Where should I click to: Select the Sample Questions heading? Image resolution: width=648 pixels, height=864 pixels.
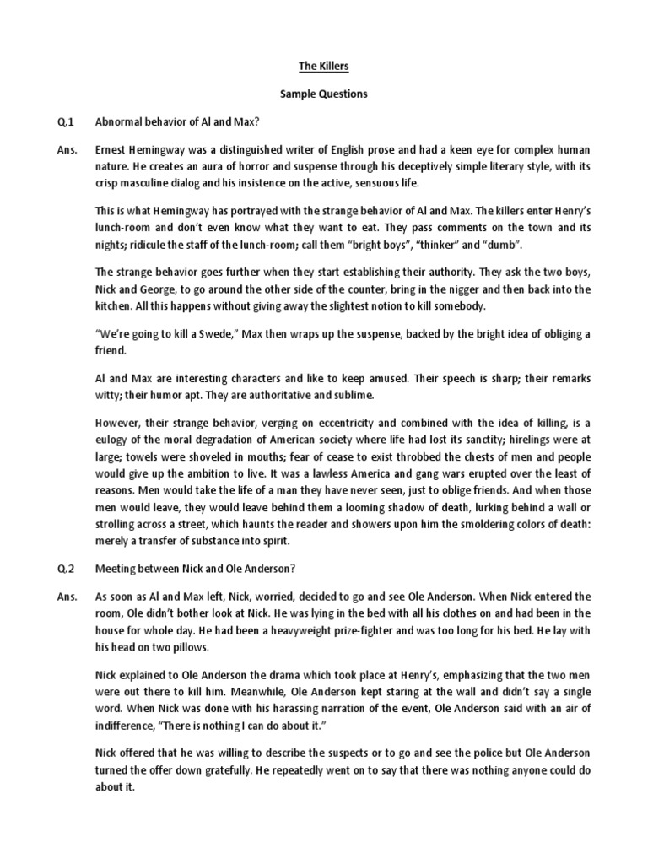pos(325,94)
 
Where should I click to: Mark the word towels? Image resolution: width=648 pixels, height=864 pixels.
pos(116,460)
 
